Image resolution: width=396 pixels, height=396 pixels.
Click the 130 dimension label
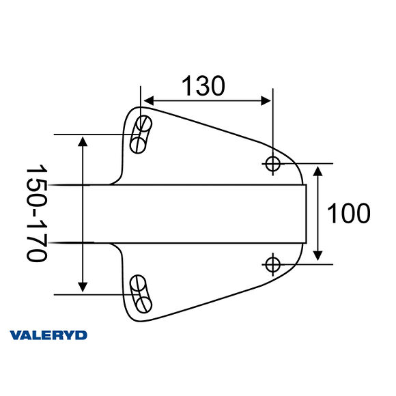click(x=203, y=85)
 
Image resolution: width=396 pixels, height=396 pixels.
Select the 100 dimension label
click(x=348, y=214)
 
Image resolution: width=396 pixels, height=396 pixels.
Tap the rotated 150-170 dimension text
click(x=36, y=213)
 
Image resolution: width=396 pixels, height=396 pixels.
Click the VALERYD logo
click(x=48, y=335)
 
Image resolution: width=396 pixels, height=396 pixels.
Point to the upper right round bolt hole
click(x=272, y=164)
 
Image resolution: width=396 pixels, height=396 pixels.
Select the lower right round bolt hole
click(x=272, y=264)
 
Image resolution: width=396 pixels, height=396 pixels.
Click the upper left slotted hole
click(x=141, y=134)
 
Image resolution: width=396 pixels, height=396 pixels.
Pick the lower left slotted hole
click(x=141, y=293)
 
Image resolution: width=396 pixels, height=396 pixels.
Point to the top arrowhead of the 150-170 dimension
click(x=83, y=141)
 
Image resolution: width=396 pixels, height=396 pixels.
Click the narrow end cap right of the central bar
click(x=310, y=214)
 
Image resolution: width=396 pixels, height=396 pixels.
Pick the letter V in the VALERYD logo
click(x=15, y=335)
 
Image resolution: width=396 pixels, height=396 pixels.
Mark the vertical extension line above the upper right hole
click(x=272, y=119)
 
